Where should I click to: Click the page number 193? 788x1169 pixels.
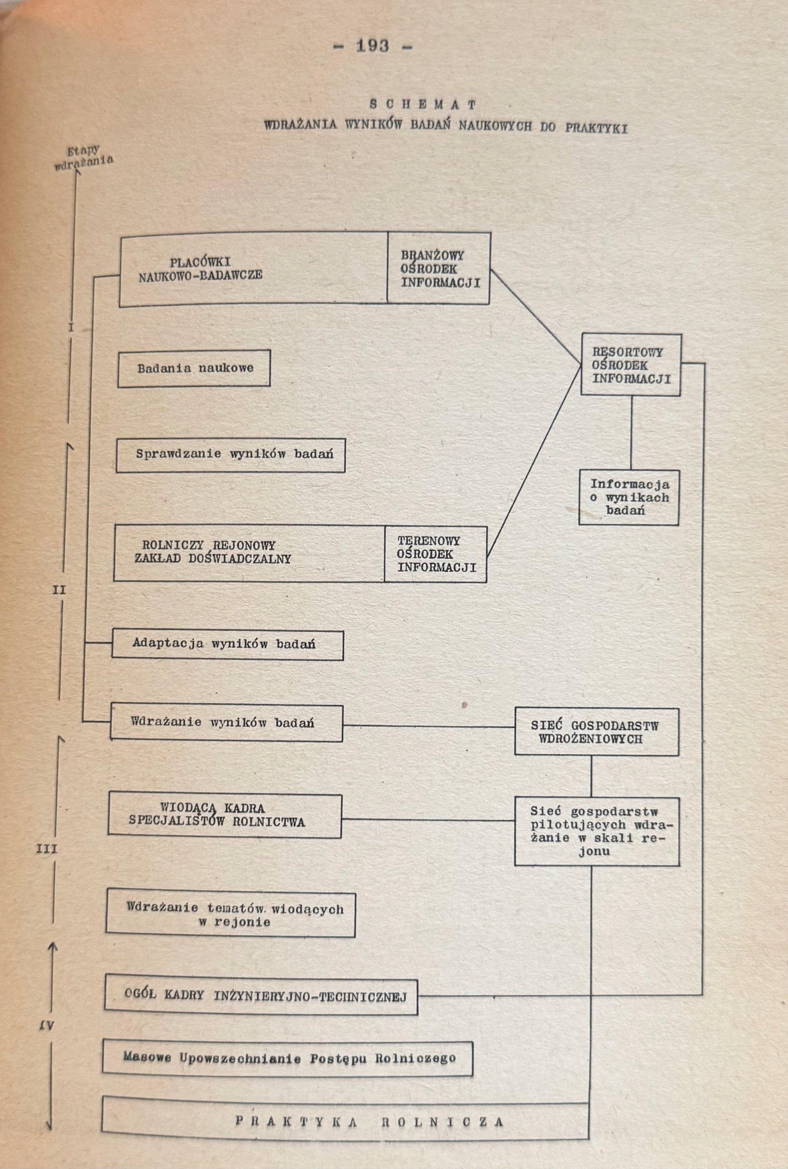373,46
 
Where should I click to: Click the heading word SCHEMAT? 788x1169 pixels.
423,105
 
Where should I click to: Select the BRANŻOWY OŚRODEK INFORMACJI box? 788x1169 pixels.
439,269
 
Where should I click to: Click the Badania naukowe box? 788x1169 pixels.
194,369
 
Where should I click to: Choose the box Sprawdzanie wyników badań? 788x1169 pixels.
231,455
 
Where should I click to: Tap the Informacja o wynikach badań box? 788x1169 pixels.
629,498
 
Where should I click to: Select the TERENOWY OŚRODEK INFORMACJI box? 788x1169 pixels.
436,554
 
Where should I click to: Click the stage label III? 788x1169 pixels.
47,849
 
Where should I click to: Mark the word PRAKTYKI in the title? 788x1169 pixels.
596,128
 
